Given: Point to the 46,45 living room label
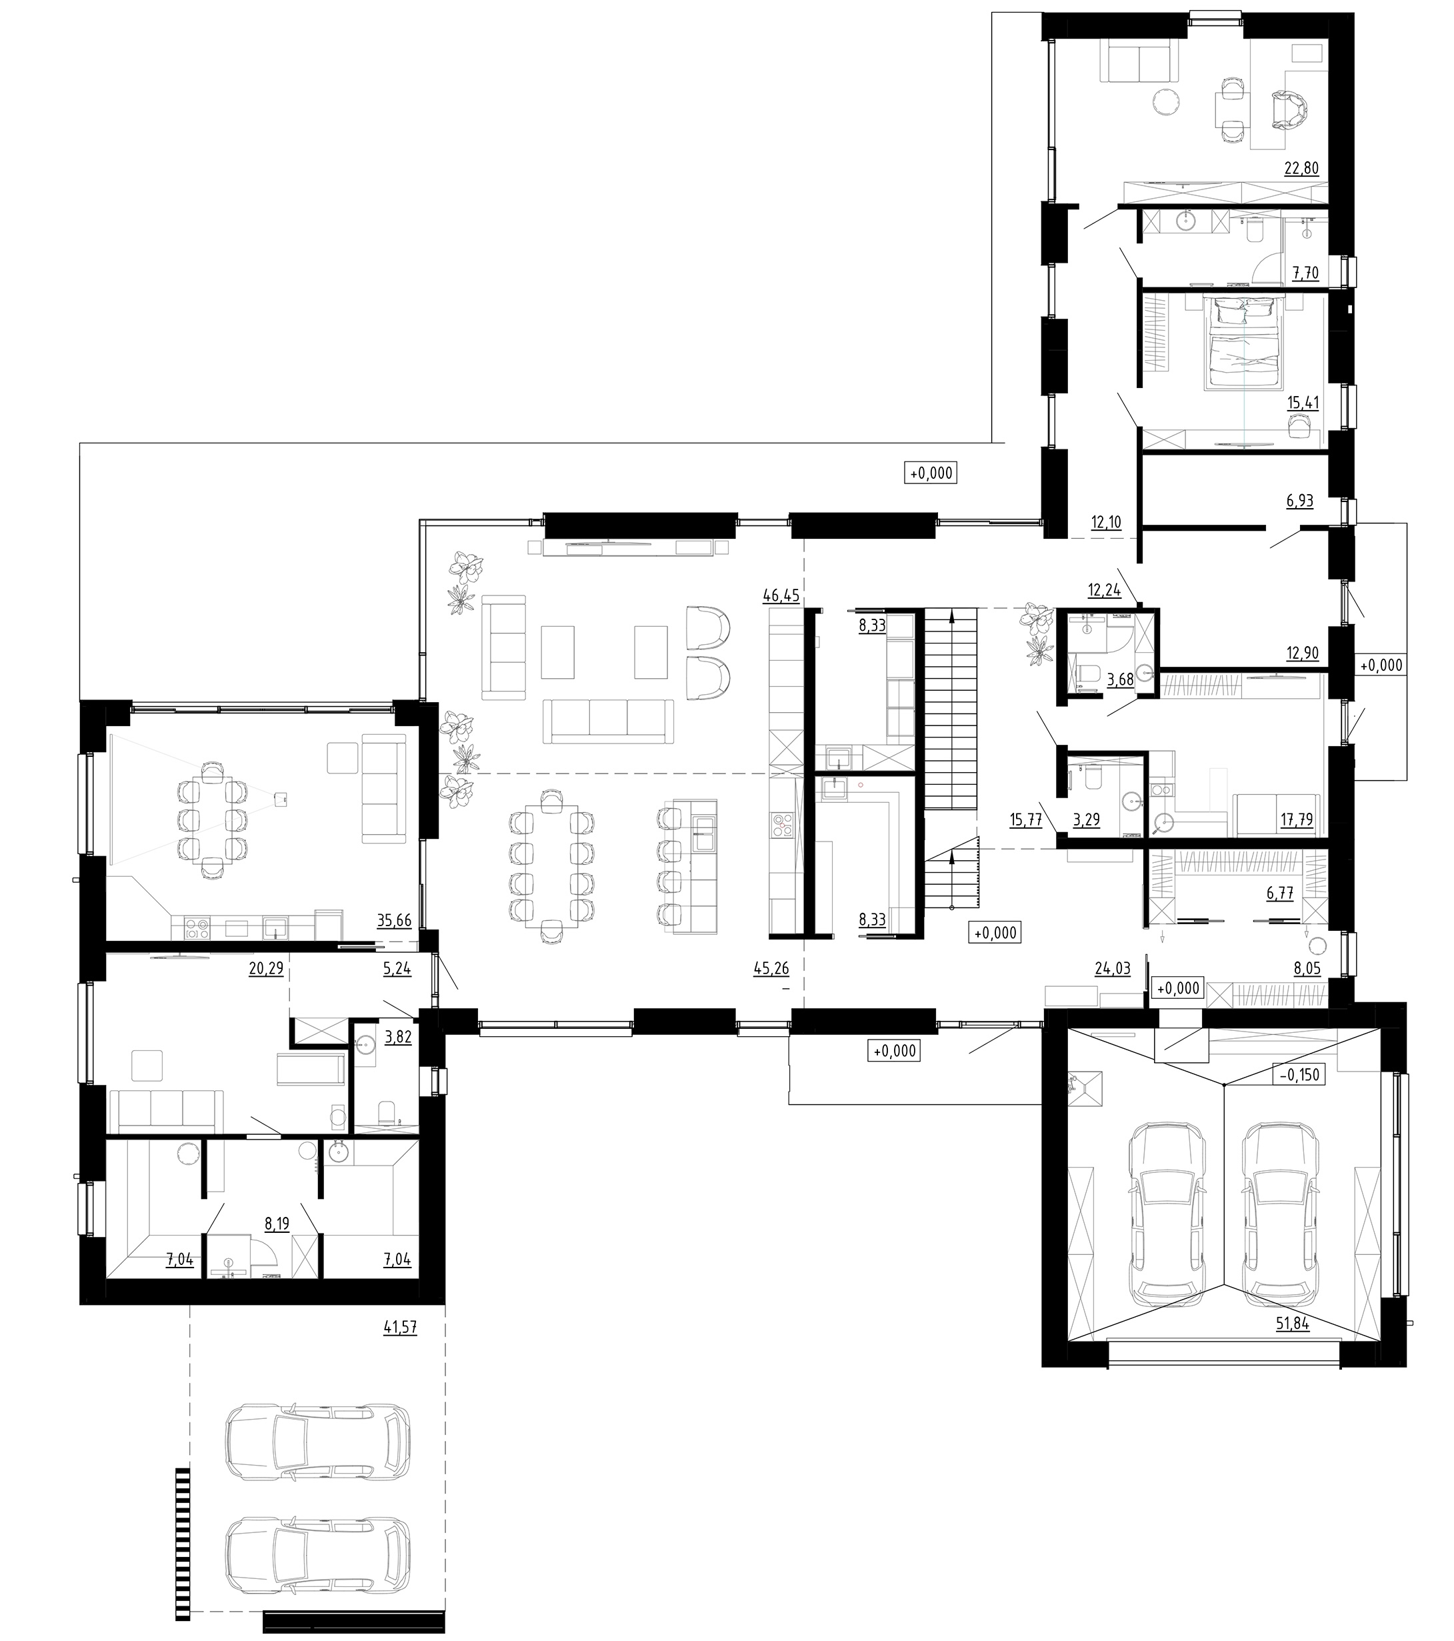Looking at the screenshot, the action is point(781,595).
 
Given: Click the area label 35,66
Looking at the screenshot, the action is point(393,921).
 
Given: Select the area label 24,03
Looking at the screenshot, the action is point(1112,969).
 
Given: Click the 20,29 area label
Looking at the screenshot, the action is point(267,969).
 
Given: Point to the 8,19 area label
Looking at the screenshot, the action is point(276,1224).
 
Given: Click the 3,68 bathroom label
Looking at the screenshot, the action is point(1120,680).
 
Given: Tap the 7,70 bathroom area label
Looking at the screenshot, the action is point(1305,273).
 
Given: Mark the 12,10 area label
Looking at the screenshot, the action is point(1105,523).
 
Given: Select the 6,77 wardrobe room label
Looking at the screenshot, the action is point(1280,893).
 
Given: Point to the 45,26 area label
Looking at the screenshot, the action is point(771,969).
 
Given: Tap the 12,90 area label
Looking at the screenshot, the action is point(1302,653).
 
